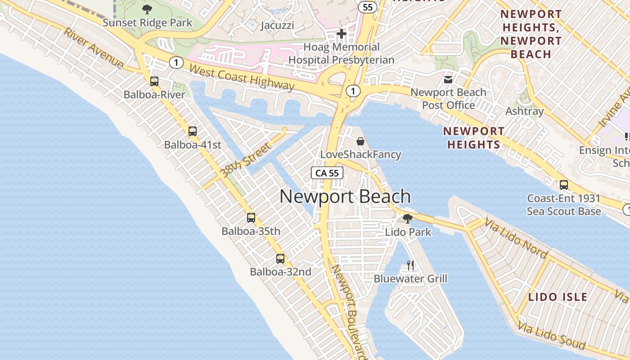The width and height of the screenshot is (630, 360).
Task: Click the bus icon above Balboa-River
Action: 154,81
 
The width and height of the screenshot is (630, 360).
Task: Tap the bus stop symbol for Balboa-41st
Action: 193,131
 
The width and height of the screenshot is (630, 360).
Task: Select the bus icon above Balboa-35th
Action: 251,218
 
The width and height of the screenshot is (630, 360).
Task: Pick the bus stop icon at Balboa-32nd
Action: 280,259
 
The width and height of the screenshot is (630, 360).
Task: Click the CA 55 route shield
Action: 327,173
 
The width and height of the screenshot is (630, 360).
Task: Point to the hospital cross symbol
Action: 342,34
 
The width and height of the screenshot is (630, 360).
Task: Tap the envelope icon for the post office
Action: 448,80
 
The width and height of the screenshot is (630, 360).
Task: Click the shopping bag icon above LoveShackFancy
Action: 360,141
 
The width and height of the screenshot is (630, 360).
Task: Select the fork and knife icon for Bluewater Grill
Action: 410,265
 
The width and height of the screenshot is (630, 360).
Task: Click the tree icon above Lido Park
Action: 408,219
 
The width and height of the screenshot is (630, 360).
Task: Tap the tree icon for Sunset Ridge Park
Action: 147,9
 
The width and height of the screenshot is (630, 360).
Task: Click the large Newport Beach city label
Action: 345,197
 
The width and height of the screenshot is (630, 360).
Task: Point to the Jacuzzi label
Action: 278,25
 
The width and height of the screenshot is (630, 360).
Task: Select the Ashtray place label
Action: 525,111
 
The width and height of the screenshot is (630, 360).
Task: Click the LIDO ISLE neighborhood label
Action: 558,297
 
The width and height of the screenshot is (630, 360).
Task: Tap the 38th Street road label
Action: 246,160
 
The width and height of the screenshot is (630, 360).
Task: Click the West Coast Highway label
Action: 242,78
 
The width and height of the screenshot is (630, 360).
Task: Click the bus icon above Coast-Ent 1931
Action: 563,185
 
